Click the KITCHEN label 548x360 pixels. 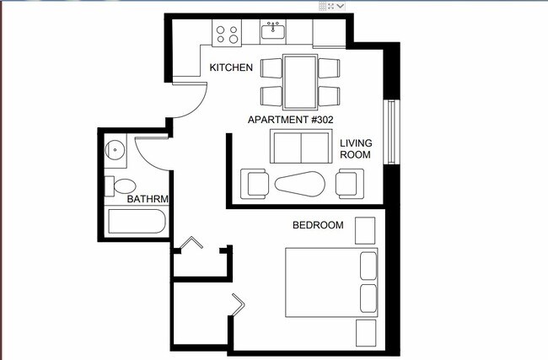click(x=230, y=68)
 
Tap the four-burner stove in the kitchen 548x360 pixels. click(x=227, y=34)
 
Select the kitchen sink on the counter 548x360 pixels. click(x=273, y=32)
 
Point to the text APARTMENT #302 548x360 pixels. click(x=290, y=120)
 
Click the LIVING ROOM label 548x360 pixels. click(x=356, y=149)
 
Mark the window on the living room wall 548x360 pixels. click(x=390, y=132)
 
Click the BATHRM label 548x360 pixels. click(x=148, y=200)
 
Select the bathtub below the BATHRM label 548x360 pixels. click(x=137, y=224)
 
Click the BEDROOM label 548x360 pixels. click(x=318, y=225)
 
